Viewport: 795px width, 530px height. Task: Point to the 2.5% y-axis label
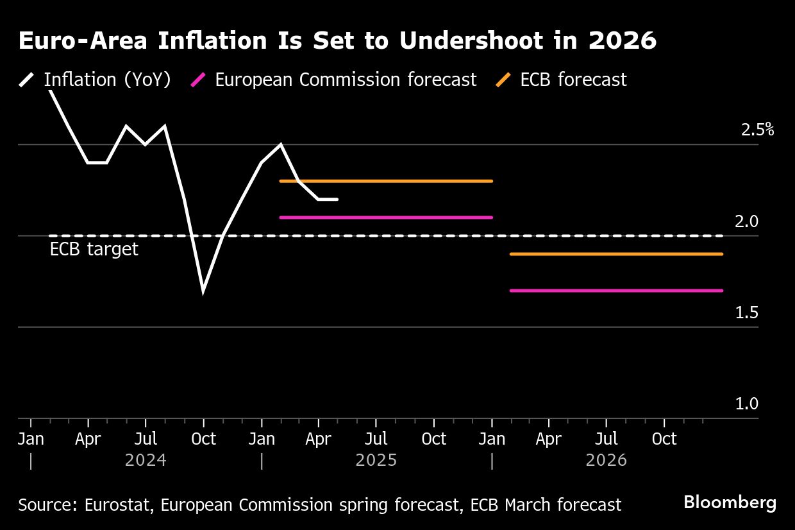(757, 130)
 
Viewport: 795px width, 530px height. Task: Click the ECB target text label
(94, 249)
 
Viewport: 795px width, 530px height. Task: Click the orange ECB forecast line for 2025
(386, 181)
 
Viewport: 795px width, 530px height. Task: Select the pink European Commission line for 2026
(616, 291)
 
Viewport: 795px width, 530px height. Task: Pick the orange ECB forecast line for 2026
(616, 254)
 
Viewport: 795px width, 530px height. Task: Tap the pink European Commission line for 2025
(386, 218)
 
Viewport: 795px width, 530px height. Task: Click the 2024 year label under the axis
(146, 461)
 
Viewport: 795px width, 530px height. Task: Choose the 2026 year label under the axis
(607, 461)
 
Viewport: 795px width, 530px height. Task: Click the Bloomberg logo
(730, 502)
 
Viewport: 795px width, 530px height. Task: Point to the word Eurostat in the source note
(119, 505)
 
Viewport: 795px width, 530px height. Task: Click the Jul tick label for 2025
(376, 440)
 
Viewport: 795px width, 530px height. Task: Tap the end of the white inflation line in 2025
(337, 200)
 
